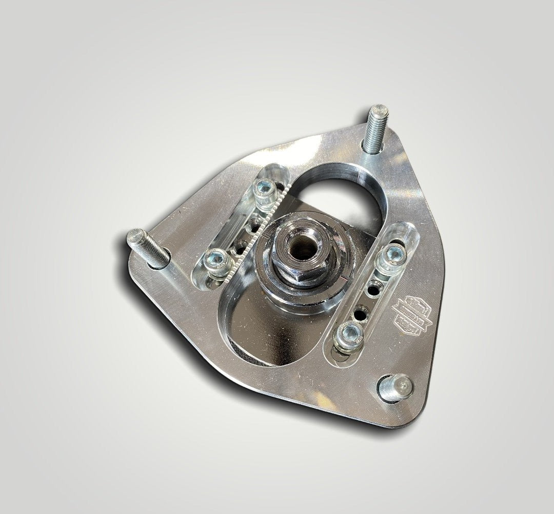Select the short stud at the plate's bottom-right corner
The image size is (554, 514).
395,387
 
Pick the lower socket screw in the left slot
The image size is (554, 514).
215,261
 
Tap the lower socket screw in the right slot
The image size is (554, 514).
348,336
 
